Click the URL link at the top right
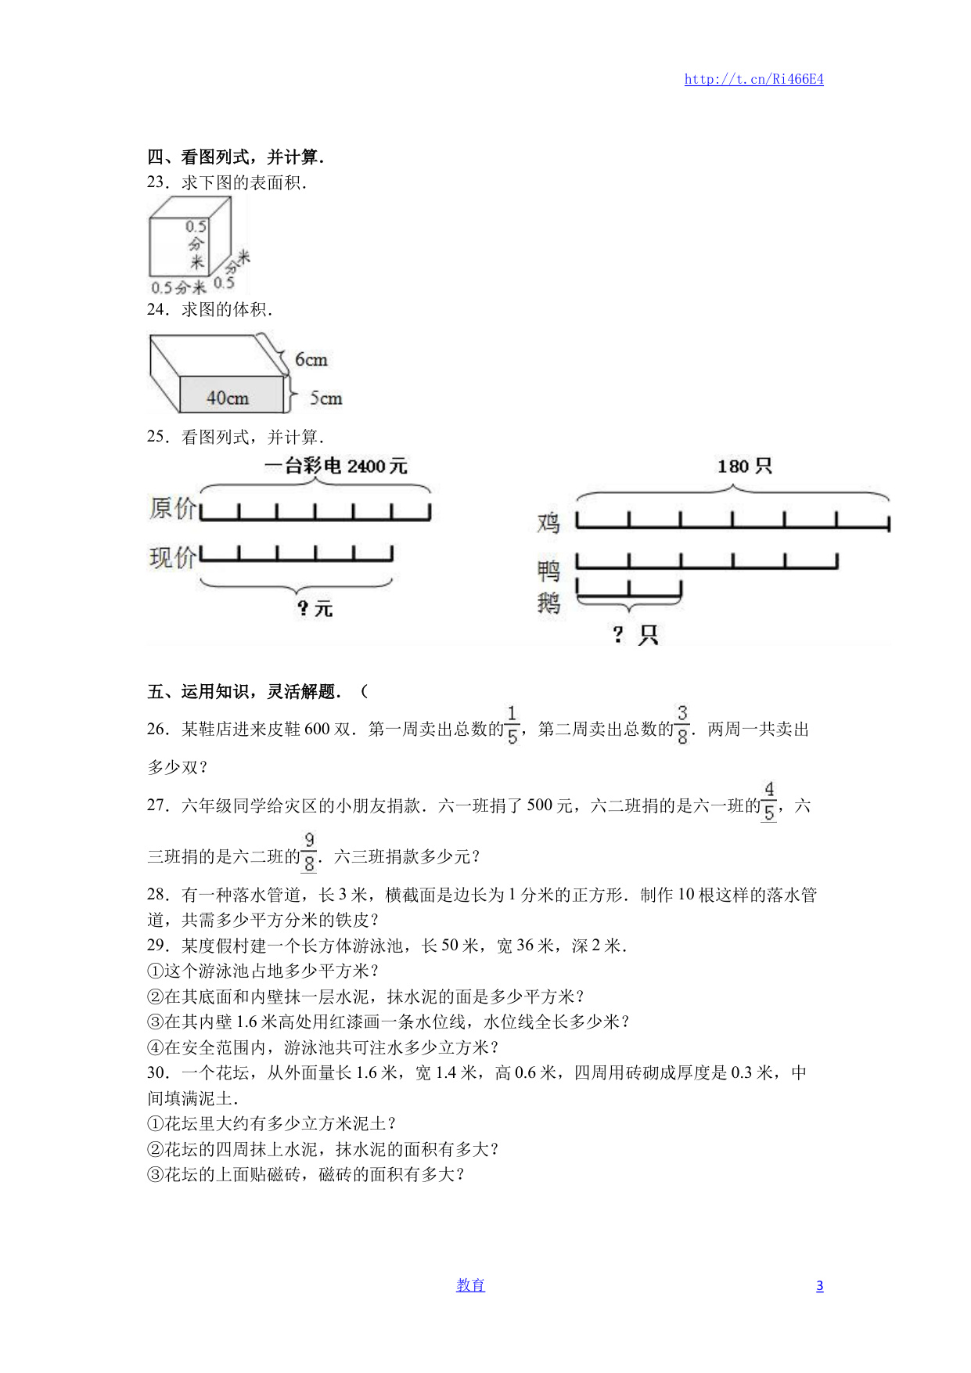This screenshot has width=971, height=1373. pyautogui.click(x=753, y=79)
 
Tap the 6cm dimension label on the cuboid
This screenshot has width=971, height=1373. pyautogui.click(x=311, y=360)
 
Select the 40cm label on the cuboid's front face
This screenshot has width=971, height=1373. pyautogui.click(x=228, y=398)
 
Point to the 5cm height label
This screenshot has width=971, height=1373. pyautogui.click(x=325, y=398)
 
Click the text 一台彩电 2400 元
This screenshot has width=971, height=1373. pyautogui.click(x=336, y=467)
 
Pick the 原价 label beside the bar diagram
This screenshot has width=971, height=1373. pyautogui.click(x=173, y=508)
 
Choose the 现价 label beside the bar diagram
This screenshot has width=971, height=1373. pyautogui.click(x=173, y=557)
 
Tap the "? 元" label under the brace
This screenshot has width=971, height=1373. pyautogui.click(x=315, y=608)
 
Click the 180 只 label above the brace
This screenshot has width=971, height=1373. pyautogui.click(x=744, y=467)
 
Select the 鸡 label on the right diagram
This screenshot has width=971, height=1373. pyautogui.click(x=548, y=522)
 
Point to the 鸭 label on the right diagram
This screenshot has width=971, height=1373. pyautogui.click(x=548, y=571)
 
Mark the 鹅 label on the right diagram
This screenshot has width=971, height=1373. pyautogui.click(x=548, y=603)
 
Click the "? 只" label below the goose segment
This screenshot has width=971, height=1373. pyautogui.click(x=635, y=634)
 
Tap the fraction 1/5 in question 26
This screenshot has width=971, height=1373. pyautogui.click(x=512, y=725)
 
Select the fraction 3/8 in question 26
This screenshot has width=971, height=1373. pyautogui.click(x=682, y=725)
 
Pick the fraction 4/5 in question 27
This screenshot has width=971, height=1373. pyautogui.click(x=769, y=802)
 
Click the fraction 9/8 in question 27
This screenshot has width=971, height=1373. pyautogui.click(x=309, y=852)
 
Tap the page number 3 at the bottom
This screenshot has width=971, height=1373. pyautogui.click(x=819, y=1285)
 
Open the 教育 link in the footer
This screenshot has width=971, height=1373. pyautogui.click(x=470, y=1285)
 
